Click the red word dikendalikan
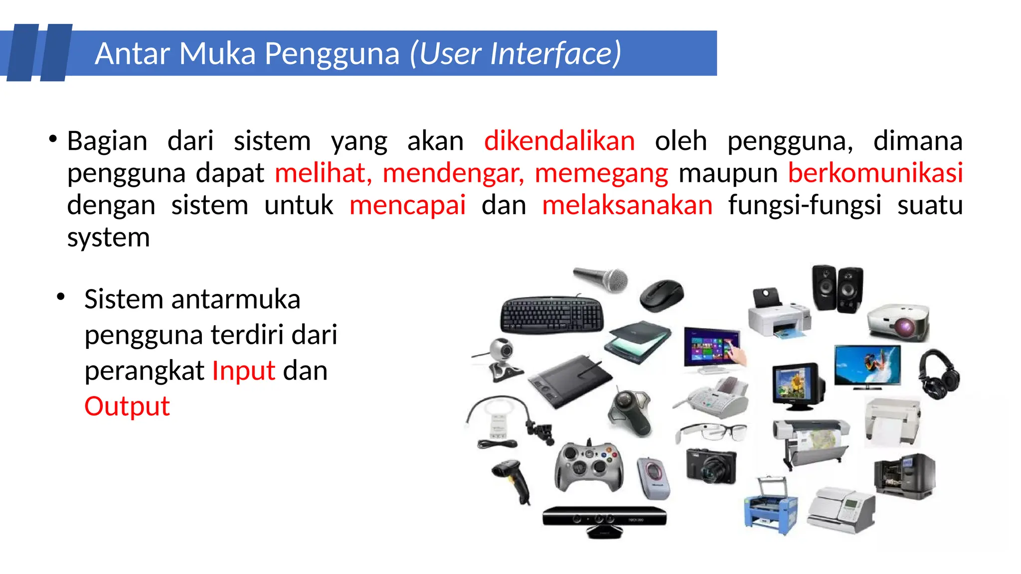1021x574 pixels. point(559,141)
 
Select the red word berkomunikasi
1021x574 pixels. point(875,173)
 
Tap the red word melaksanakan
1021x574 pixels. point(627,205)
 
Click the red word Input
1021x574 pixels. point(243,371)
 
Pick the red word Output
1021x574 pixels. point(127,406)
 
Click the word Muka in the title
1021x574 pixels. point(217,53)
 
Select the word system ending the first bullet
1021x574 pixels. point(108,238)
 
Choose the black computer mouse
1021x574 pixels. point(662,295)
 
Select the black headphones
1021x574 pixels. point(939,374)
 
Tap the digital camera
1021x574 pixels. point(710,465)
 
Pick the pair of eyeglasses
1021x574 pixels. point(712,431)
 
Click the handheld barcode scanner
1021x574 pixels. point(512,480)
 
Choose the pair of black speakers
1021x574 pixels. point(837,289)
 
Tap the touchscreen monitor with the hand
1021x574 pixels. point(713,349)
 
